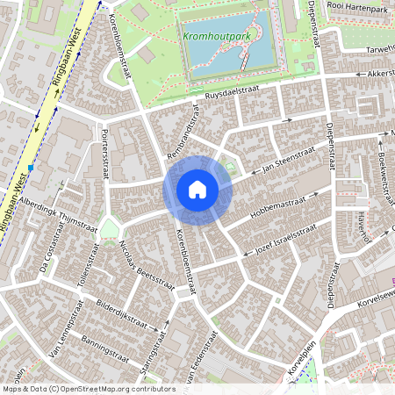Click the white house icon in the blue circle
[197, 189]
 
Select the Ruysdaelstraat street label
[235, 92]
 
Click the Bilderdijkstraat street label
[109, 315]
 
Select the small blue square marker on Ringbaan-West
[31, 167]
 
